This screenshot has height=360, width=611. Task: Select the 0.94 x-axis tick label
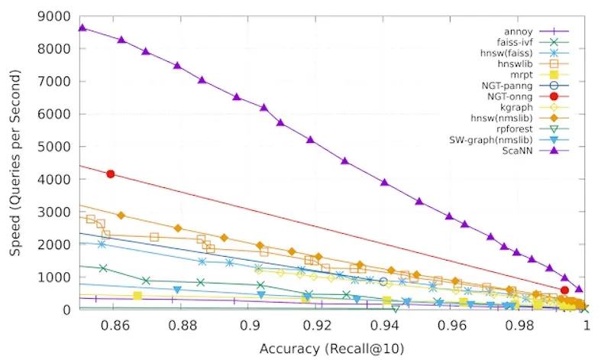click(x=384, y=324)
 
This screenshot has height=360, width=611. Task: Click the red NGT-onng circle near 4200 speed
click(x=111, y=174)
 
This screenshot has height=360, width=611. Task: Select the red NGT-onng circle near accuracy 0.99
click(x=564, y=290)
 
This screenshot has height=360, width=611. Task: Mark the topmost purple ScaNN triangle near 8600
click(x=82, y=28)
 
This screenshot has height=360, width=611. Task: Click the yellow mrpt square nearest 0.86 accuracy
click(x=137, y=296)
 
